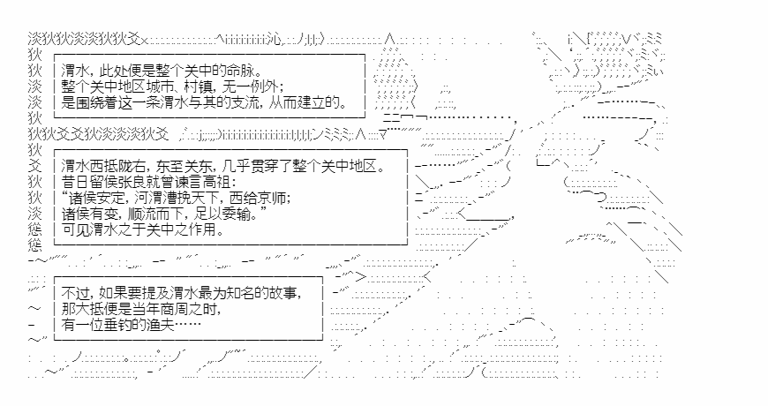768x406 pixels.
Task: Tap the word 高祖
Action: [x=211, y=182]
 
